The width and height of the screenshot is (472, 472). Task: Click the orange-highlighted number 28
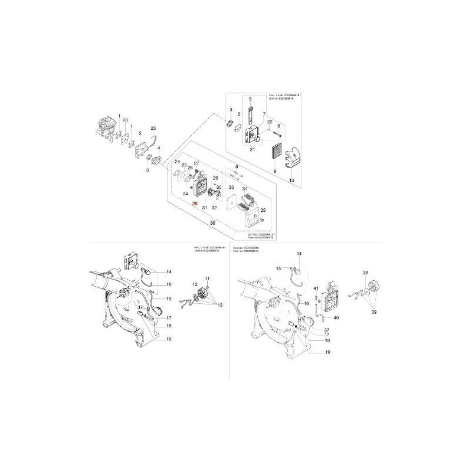pyautogui.click(x=195, y=202)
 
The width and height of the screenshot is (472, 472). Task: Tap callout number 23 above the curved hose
pyautogui.click(x=153, y=128)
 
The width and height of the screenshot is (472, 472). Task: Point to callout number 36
pyautogui.click(x=213, y=222)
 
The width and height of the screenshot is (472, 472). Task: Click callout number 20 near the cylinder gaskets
pyautogui.click(x=125, y=120)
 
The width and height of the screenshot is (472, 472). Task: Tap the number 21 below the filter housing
pyautogui.click(x=253, y=150)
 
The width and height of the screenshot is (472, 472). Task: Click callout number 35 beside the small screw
pyautogui.click(x=264, y=209)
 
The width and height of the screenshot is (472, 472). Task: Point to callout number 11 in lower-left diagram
pyautogui.click(x=208, y=278)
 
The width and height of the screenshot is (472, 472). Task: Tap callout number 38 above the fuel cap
pyautogui.click(x=365, y=273)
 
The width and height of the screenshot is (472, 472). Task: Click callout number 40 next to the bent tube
pyautogui.click(x=336, y=317)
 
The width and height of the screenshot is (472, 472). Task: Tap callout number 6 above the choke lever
pyautogui.click(x=250, y=99)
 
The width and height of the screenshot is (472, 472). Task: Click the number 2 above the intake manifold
pyautogui.click(x=140, y=134)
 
